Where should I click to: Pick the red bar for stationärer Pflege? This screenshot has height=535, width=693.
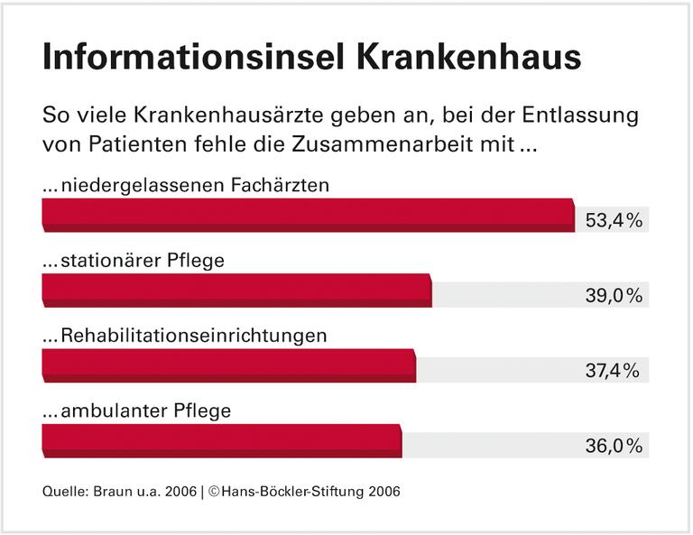click(x=237, y=291)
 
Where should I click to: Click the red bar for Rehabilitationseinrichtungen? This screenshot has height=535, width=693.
click(x=229, y=365)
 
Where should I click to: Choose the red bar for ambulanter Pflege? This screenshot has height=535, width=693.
click(x=222, y=440)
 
